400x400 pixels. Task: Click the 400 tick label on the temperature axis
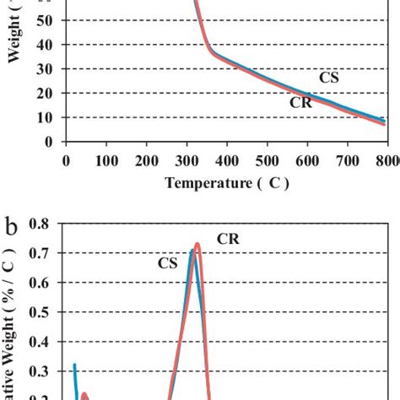pos(349,158)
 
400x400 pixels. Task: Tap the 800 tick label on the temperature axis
pos(386,158)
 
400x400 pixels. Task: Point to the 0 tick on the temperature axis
pos(66,158)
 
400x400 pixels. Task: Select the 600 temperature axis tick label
pos(308,158)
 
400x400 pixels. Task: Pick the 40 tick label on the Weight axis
pos(45,45)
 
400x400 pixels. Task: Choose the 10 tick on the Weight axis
pos(45,118)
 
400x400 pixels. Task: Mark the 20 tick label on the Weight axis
pos(45,94)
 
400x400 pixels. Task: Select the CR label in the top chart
pos(300,103)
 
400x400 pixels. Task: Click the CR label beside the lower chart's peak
pos(228,239)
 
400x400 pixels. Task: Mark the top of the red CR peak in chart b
pos(197,245)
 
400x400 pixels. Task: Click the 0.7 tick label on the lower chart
pos(40,253)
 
